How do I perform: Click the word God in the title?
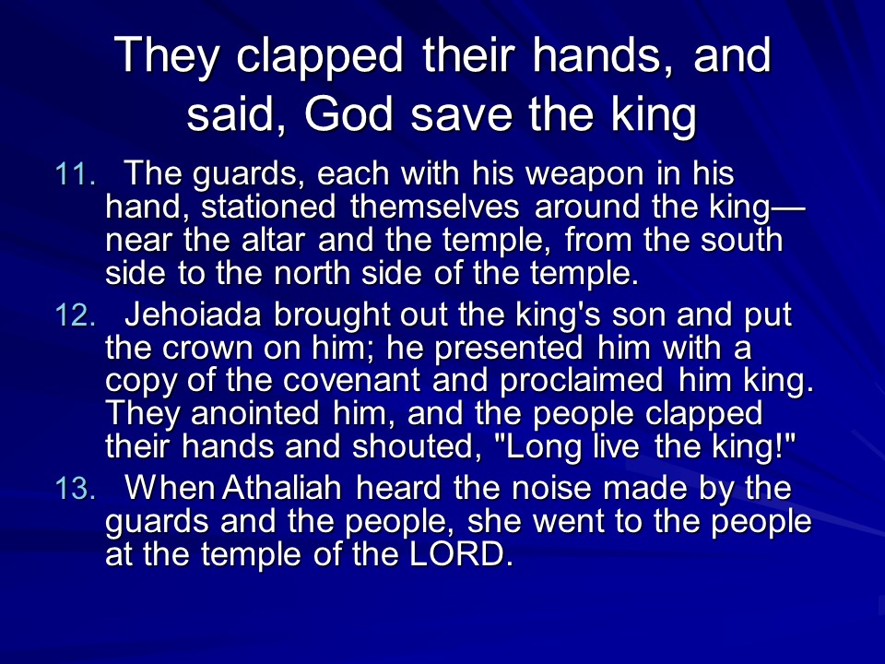[x=348, y=114]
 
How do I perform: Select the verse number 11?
[x=75, y=174]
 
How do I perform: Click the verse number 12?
[x=75, y=315]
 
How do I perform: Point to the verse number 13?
[x=75, y=489]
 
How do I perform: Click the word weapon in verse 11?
[x=584, y=174]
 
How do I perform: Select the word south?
[x=741, y=240]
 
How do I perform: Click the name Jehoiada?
[x=193, y=315]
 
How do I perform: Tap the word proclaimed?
[x=582, y=382]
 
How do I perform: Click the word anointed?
[x=255, y=414]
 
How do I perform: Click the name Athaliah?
[x=282, y=489]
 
